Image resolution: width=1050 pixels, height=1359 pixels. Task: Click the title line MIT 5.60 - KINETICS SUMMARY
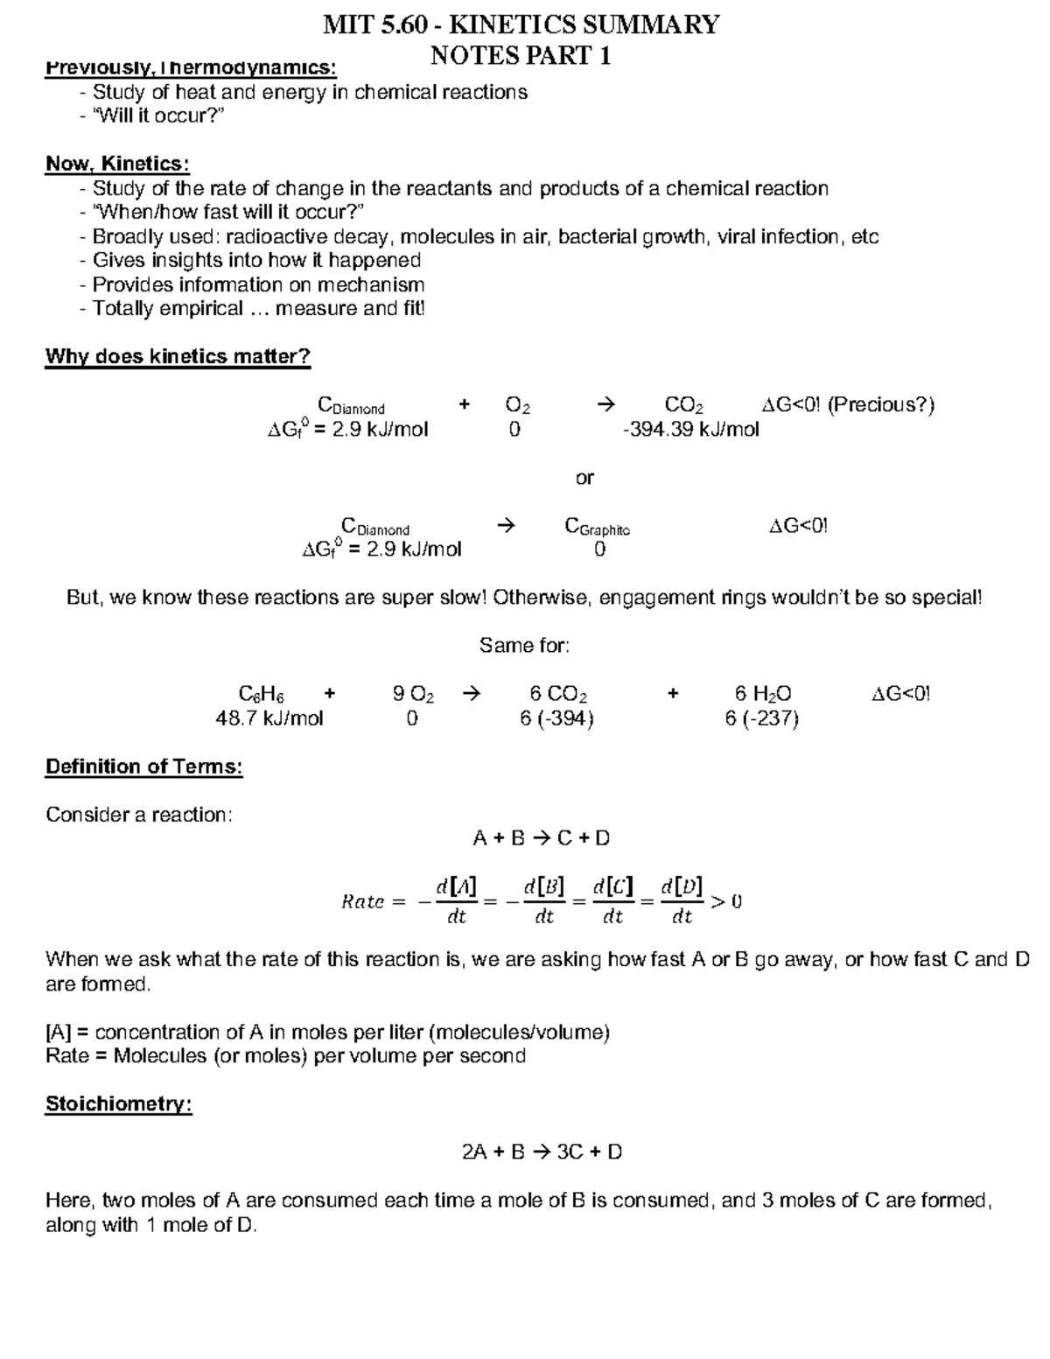tap(521, 25)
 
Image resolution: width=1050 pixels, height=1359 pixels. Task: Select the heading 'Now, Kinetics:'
tap(117, 165)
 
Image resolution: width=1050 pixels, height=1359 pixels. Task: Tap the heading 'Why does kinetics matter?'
tap(178, 357)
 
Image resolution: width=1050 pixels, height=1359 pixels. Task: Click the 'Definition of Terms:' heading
tap(143, 767)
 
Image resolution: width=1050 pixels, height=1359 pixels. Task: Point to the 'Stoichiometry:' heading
tap(118, 1104)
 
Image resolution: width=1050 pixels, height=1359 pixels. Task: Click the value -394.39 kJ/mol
tap(690, 430)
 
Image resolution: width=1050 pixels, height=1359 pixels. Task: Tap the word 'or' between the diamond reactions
tap(584, 478)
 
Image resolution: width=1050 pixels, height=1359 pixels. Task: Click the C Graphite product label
tap(598, 527)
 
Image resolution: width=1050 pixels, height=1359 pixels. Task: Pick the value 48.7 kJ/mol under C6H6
tap(269, 719)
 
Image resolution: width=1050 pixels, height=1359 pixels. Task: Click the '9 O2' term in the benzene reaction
tap(413, 695)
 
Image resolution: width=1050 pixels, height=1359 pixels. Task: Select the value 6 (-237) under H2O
tap(761, 719)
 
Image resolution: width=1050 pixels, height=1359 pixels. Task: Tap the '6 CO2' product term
tap(558, 695)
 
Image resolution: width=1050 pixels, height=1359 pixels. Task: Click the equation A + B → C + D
tap(541, 838)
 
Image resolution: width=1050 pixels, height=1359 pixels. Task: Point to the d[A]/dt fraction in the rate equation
tap(457, 901)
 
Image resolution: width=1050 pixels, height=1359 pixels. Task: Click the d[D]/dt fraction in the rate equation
tap(682, 901)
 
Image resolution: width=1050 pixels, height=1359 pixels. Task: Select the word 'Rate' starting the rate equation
tap(363, 902)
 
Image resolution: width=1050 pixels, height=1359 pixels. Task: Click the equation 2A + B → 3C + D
tap(542, 1152)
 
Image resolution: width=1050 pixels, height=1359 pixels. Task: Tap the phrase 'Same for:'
tap(524, 646)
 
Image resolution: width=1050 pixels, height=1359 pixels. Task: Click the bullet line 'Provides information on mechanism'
tap(258, 285)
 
